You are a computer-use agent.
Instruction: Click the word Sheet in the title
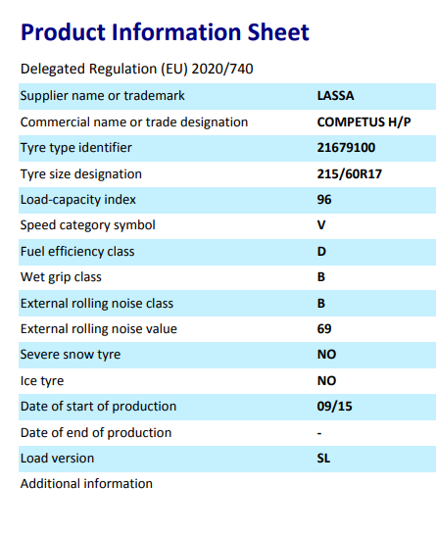coord(278,32)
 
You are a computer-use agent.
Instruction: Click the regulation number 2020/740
coord(222,69)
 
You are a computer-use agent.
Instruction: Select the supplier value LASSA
coord(335,96)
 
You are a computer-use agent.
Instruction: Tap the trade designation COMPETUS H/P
coord(363,122)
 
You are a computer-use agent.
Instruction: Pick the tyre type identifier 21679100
coord(346,147)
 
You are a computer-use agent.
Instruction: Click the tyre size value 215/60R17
coord(350,174)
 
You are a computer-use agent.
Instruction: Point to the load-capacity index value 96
coord(324,200)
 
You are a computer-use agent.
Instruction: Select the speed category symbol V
coord(321,225)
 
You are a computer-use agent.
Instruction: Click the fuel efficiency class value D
coord(321,252)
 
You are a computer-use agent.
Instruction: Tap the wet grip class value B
coord(321,277)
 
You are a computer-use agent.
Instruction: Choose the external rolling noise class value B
coord(321,304)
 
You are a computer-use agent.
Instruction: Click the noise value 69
coord(324,329)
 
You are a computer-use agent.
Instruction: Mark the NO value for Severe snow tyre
coord(326,355)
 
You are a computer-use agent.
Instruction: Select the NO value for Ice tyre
coord(326,381)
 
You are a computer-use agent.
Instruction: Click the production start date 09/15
coord(334,407)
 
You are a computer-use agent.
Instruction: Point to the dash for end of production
coord(319,434)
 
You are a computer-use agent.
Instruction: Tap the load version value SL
coord(323,459)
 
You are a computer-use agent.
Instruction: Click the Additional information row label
coord(86,484)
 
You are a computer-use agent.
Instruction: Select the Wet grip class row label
coord(61,277)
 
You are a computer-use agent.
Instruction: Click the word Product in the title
coord(63,32)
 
